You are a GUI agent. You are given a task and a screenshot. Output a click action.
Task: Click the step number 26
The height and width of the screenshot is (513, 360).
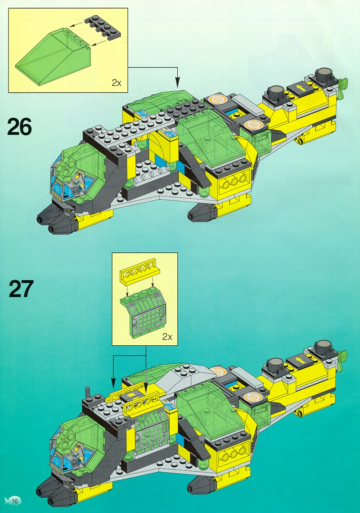[x=19, y=127]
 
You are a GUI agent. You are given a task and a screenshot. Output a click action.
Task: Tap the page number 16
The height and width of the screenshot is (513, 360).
[x=15, y=501]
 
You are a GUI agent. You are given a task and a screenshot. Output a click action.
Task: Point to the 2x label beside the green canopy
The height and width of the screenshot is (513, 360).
[x=116, y=83]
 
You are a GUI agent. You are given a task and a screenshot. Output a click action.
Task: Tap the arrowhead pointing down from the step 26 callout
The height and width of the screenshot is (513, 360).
[x=178, y=84]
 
